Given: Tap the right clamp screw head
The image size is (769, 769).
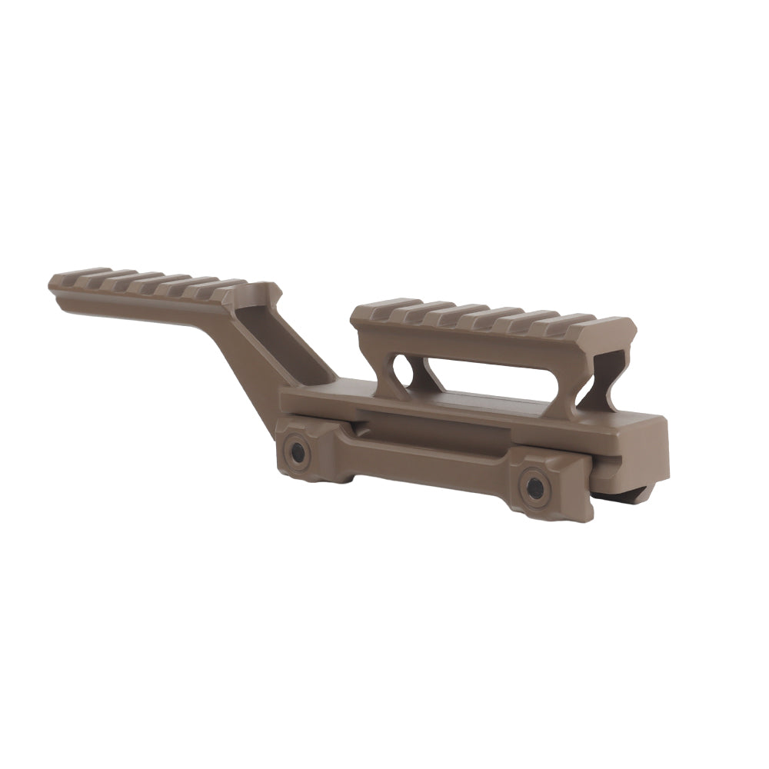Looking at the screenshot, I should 534,488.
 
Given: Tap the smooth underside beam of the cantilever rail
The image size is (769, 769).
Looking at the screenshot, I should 138,311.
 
